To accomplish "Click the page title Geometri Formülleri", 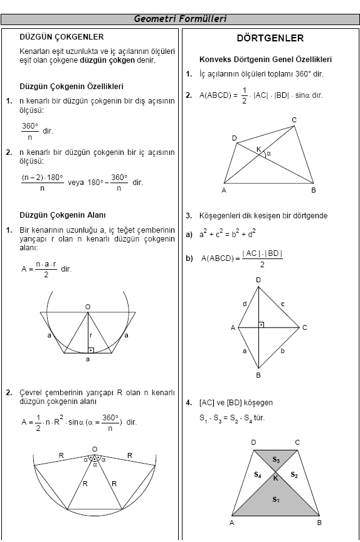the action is point(180,19).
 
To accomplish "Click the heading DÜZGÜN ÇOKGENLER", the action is point(61,37).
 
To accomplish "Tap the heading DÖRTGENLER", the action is point(270,38).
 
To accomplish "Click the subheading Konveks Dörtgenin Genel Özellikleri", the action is point(265,60).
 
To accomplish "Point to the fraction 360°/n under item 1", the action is point(30,131).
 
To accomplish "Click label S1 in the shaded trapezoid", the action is point(276,499).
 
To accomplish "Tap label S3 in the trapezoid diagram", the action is point(276,460).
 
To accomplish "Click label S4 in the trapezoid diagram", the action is point(257,475).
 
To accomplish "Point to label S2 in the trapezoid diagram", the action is point(294,475).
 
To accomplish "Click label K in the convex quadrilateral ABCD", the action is point(258,149).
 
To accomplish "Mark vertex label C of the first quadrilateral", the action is point(294,120).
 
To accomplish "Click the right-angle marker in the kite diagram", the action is point(262,324).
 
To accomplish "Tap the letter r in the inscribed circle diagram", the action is point(91,335).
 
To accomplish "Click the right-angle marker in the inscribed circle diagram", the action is point(91,350).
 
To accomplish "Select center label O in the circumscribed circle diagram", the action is point(95,449).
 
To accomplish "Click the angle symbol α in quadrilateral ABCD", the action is point(268,152).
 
